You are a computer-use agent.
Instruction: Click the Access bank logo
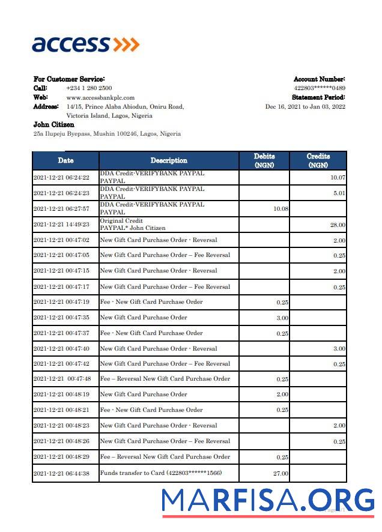pos(85,44)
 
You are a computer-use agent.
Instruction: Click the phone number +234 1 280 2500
pos(89,88)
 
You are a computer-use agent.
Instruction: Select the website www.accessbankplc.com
pos(100,97)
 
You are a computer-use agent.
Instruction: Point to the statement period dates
pos(305,106)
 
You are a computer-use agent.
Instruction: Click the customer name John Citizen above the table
pos(54,124)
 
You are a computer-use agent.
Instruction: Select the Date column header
pos(65,160)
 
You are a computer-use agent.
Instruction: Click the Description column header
pos(169,160)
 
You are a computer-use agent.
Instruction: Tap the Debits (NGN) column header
pos(264,160)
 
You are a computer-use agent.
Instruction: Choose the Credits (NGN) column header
pos(318,160)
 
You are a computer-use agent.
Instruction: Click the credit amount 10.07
pos(338,178)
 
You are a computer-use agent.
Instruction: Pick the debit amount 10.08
pos(280,209)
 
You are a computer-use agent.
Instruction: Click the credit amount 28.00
pos(338,225)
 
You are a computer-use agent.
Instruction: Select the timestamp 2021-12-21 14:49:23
pos(61,225)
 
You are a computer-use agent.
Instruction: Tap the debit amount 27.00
pos(280,474)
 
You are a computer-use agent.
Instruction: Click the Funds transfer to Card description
pos(160,473)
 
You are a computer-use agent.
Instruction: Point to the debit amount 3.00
pos(282,318)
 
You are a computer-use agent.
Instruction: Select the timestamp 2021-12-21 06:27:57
pos(61,209)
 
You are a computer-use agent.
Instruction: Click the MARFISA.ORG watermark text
pos(268,500)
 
